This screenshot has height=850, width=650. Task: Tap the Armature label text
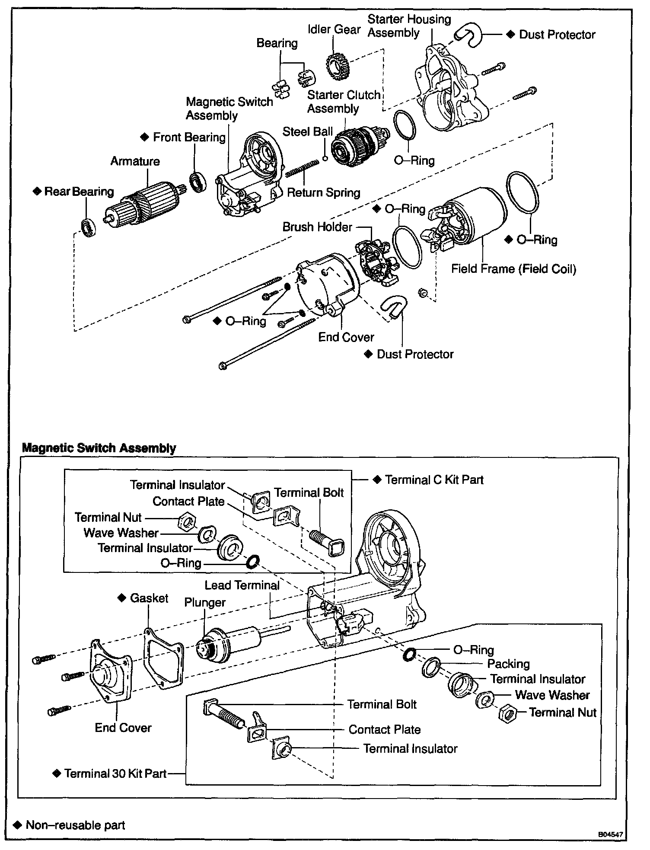click(135, 161)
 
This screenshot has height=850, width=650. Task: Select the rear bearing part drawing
click(89, 228)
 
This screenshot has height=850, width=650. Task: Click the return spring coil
click(302, 168)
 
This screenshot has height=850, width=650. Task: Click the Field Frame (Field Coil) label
click(513, 269)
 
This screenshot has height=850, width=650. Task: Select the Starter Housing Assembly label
click(409, 26)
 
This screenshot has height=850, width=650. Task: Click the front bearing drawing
click(198, 182)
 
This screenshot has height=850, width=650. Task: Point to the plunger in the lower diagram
click(229, 643)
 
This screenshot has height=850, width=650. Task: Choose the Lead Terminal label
click(242, 585)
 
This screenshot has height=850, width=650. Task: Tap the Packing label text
click(508, 664)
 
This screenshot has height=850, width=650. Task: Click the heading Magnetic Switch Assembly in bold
click(99, 448)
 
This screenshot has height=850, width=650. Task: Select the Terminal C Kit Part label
click(434, 479)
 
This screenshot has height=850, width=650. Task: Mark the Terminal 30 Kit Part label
click(115, 773)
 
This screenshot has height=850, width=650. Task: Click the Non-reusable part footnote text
click(75, 825)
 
